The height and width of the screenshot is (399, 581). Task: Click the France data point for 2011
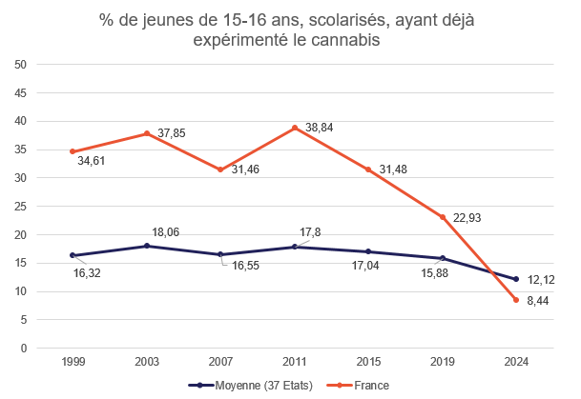295,128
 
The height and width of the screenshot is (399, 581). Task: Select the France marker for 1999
73,151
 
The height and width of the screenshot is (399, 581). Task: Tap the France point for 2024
516,300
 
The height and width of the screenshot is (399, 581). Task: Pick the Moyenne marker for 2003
147,246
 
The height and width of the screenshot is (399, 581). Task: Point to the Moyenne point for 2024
516,279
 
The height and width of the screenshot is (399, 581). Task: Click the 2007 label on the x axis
220,363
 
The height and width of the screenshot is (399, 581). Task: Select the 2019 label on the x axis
443,363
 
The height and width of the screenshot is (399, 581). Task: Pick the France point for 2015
368,170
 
